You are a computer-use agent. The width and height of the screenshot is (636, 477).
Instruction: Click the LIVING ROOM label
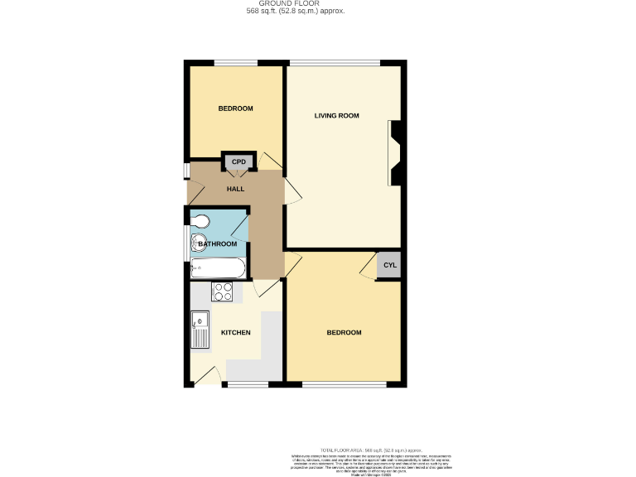(336, 116)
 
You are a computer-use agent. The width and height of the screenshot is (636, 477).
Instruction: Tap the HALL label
(236, 190)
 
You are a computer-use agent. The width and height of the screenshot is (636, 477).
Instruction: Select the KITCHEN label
(235, 333)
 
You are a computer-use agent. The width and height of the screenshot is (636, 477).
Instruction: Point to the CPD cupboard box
(239, 161)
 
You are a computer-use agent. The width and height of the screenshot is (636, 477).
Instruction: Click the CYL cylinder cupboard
(389, 266)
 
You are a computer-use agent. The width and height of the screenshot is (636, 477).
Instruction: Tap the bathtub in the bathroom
(218, 268)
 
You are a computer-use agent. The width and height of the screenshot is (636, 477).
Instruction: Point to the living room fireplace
(395, 153)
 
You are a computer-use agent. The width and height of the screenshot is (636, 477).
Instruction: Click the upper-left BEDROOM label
(235, 108)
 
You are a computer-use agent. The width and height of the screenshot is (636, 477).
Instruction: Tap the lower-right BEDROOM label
(344, 333)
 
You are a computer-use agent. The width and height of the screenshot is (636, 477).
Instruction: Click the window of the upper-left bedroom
(236, 61)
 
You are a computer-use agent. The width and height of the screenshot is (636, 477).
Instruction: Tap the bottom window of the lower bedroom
(344, 385)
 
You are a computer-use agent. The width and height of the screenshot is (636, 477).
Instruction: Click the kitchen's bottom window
(248, 385)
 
